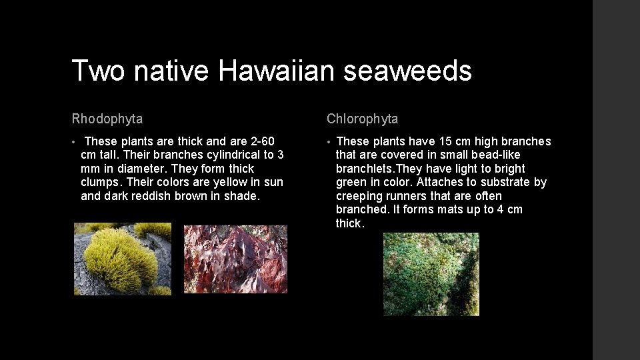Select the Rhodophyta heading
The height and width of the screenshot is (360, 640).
(x=107, y=119)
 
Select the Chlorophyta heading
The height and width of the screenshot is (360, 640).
(x=363, y=119)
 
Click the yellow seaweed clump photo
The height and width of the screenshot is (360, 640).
(x=122, y=259)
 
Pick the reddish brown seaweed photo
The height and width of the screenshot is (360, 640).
(x=235, y=259)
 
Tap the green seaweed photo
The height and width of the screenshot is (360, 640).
(x=431, y=274)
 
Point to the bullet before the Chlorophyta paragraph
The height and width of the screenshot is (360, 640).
(x=329, y=142)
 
